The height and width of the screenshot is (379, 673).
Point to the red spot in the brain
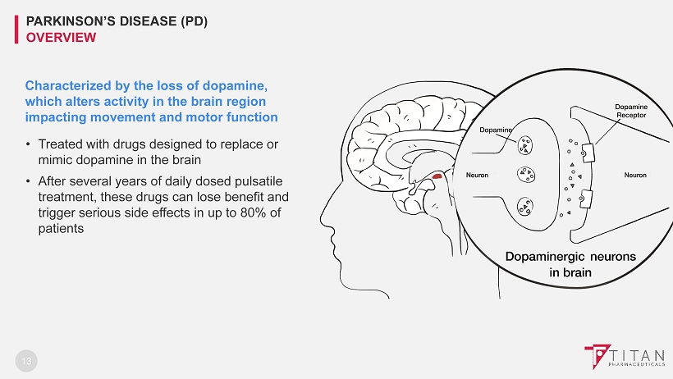pos(438,176)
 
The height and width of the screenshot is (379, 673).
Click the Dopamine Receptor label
pos(631,111)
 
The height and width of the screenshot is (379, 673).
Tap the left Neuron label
pos(477,175)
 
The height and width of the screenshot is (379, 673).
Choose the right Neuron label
pos(635,175)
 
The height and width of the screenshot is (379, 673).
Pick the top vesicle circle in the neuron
pos(523,145)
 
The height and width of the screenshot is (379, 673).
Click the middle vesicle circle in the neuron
pos(524,175)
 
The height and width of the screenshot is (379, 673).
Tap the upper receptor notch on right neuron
pos(588,151)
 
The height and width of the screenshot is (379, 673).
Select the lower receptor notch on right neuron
pos(588,198)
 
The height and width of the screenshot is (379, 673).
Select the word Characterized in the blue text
pos(65,85)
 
